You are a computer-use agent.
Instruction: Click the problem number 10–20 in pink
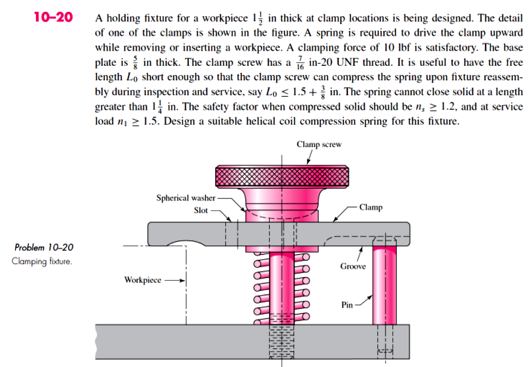point(53,17)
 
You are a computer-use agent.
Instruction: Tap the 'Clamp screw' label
point(319,144)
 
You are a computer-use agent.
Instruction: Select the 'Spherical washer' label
point(186,198)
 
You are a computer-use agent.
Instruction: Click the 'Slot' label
point(201,210)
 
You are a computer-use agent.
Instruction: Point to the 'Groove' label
point(353,266)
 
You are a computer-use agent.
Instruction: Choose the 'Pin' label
point(347,305)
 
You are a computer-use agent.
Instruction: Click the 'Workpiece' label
point(143,280)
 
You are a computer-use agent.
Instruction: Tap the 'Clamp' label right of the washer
point(371,207)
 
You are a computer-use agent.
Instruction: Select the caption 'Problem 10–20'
point(44,248)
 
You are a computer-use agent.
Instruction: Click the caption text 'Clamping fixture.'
point(42,261)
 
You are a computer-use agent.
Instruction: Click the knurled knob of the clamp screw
point(282,176)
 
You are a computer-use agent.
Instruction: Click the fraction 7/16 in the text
point(300,63)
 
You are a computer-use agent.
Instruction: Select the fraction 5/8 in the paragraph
point(135,63)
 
